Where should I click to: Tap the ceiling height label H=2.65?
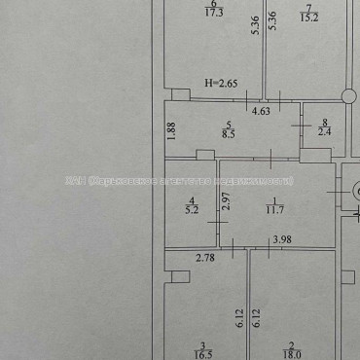222,84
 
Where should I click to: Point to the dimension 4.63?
261,112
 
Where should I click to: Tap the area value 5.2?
191,207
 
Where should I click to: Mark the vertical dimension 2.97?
226,203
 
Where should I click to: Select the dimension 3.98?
282,240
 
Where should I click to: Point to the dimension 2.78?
205,257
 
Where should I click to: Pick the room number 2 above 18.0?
289,346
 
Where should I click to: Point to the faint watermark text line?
180,181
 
